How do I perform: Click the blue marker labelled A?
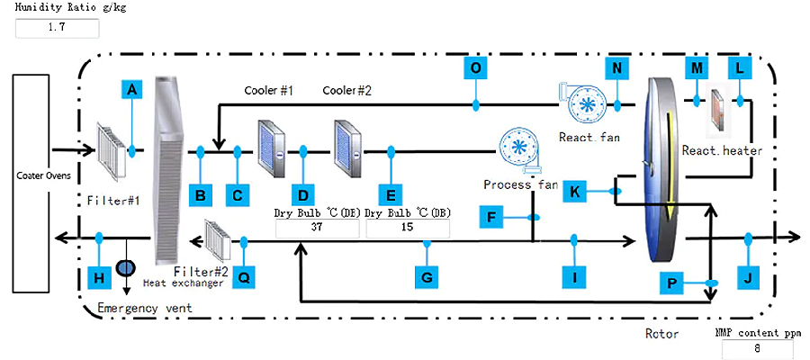pyautogui.click(x=132, y=89)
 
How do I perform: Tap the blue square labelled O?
pyautogui.click(x=475, y=67)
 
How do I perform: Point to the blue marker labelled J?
pyautogui.click(x=749, y=277)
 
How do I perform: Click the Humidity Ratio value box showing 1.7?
pyautogui.click(x=55, y=28)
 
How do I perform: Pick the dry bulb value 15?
pyautogui.click(x=409, y=228)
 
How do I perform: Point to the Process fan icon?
pyautogui.click(x=520, y=150)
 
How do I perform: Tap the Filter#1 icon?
pyautogui.click(x=113, y=151)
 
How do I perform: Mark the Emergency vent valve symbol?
pyautogui.click(x=125, y=267)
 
